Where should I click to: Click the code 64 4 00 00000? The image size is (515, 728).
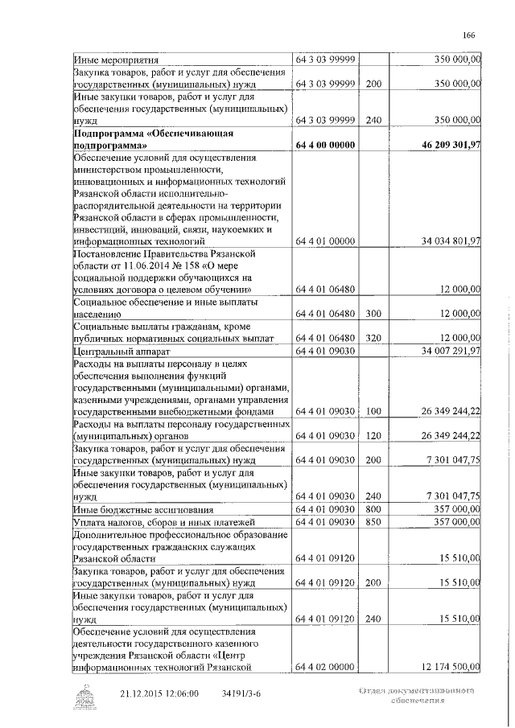(x=325, y=146)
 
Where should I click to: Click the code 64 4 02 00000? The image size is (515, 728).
(x=325, y=666)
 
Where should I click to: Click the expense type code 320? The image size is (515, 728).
(x=373, y=338)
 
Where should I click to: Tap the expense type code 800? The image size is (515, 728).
(x=373, y=510)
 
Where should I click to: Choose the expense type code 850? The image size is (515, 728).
(x=373, y=522)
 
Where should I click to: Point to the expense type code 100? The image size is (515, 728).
(x=373, y=411)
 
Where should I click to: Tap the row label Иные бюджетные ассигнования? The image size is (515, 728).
(x=142, y=510)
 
